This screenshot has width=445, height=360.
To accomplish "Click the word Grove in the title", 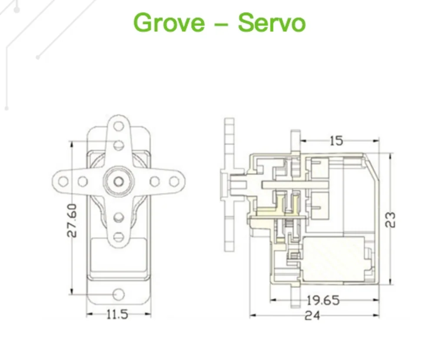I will click(x=169, y=22).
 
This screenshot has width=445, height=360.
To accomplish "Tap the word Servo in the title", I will click(x=272, y=22).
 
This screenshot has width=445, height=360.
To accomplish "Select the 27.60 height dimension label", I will click(x=72, y=220).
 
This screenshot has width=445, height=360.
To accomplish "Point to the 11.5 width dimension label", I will click(x=117, y=314).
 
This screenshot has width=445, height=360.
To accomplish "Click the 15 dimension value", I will click(x=335, y=140).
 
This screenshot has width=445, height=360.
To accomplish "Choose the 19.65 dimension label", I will click(x=323, y=300).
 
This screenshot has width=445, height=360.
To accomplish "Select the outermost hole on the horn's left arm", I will click(x=63, y=180).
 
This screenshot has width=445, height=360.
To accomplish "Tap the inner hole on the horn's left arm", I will click(x=82, y=180).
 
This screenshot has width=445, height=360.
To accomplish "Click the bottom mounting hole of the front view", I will click(x=118, y=294).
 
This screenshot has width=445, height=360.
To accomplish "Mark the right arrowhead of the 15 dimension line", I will click(x=376, y=140).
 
